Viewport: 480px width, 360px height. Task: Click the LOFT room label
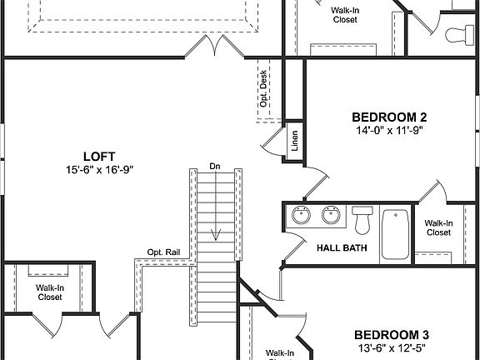pos(98,156)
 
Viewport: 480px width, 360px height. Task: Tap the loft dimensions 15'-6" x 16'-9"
pos(98,169)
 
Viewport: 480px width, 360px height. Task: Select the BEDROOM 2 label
pos(389,117)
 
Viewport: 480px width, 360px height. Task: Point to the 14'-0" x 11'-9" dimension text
pos(389,130)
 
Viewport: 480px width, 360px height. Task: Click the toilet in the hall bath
pos(362,221)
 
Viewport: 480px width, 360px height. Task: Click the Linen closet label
pos(294,142)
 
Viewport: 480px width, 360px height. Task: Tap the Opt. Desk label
pos(263,87)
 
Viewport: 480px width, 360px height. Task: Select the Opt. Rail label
pos(162,252)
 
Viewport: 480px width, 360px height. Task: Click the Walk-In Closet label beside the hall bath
pos(438,227)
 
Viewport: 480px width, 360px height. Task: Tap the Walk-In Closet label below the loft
pos(49,292)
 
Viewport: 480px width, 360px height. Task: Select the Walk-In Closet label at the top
pos(344,14)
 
